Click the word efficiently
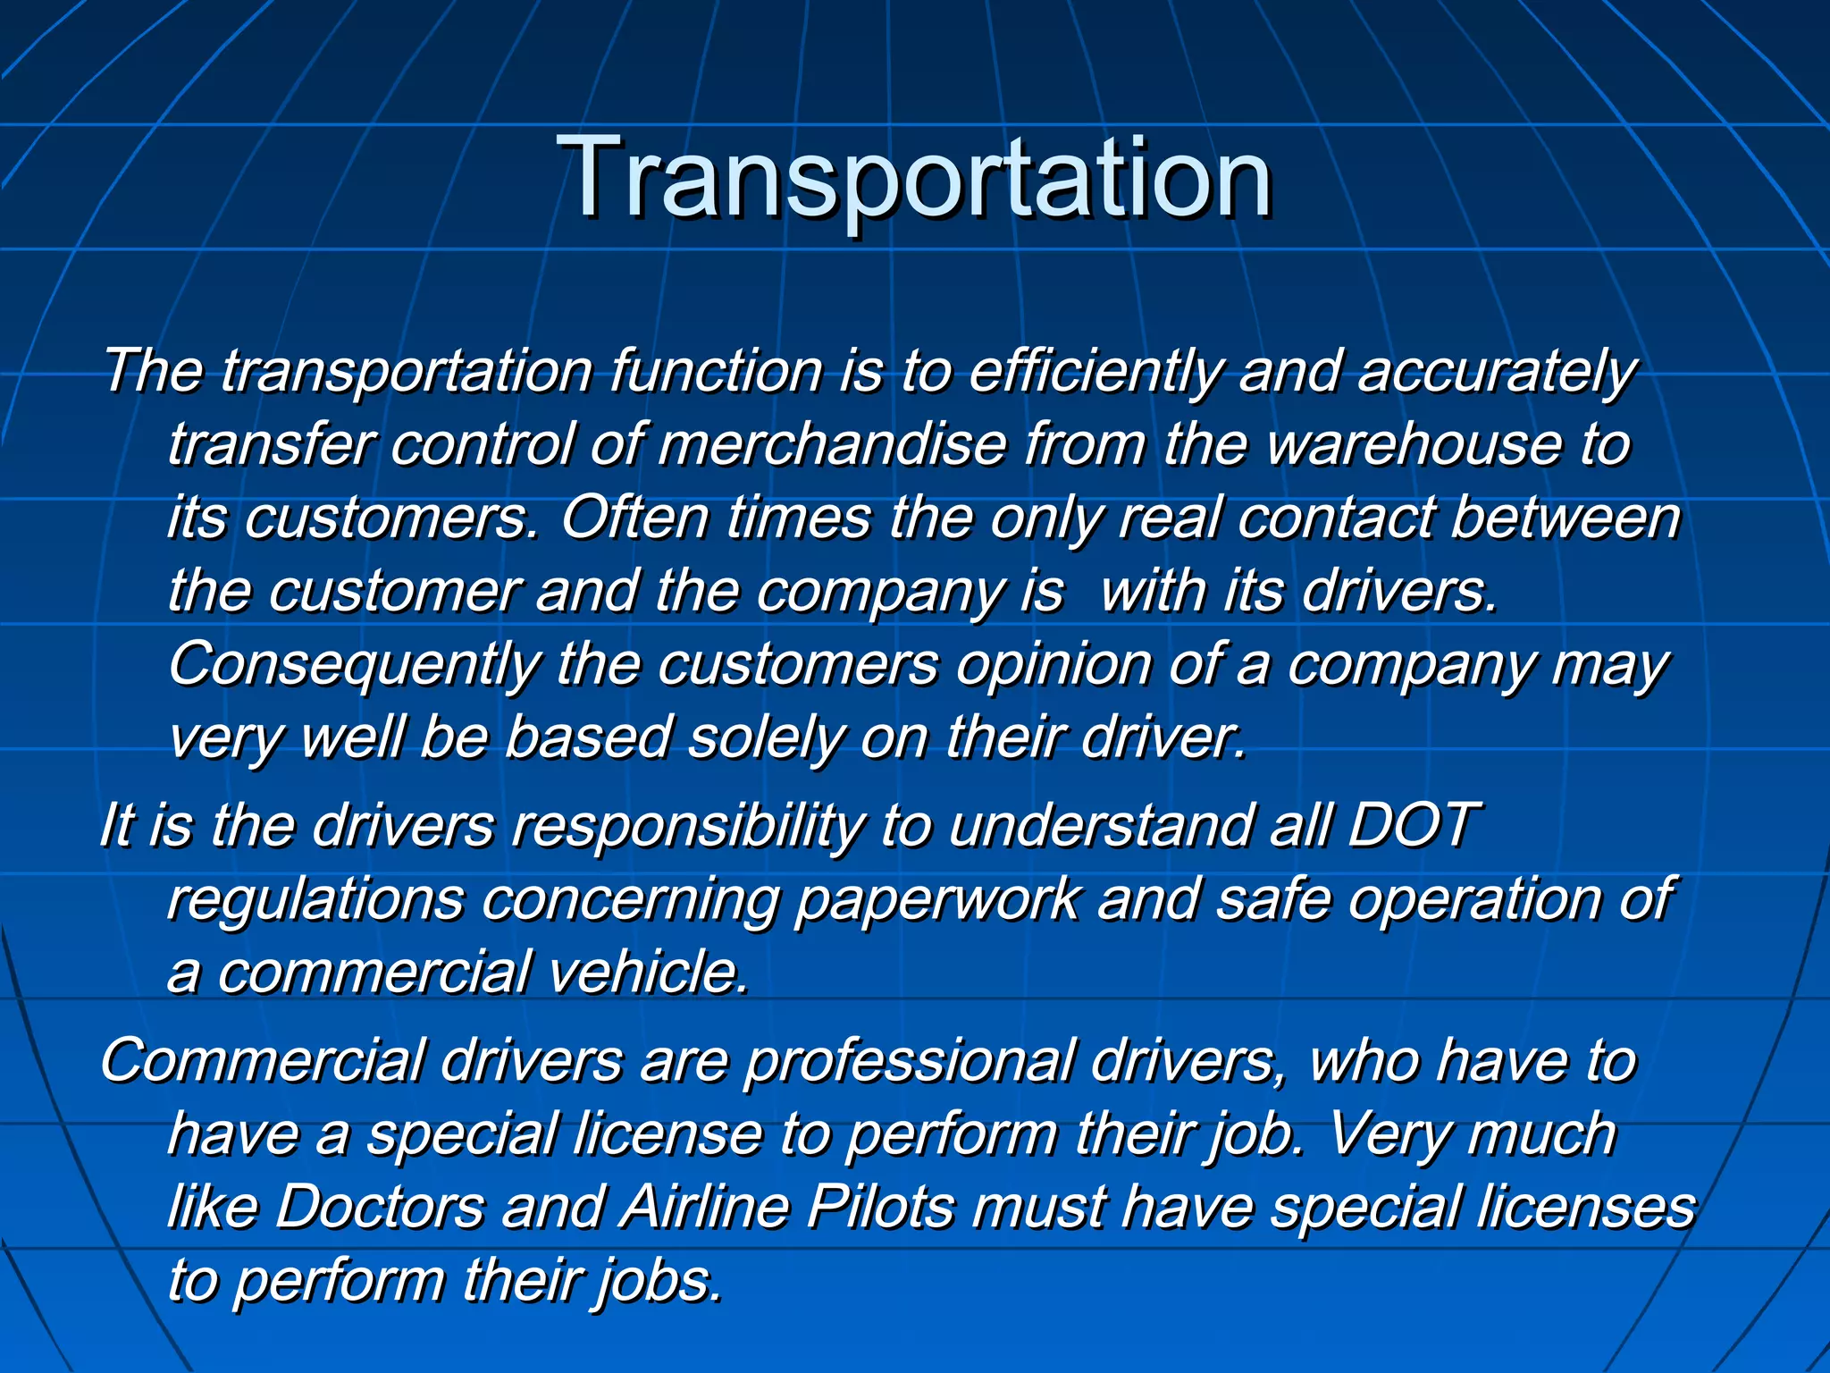tap(1094, 371)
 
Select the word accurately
tap(1497, 371)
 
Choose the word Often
tap(634, 518)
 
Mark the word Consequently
tap(354, 666)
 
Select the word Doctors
tap(379, 1208)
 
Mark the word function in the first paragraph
tap(715, 371)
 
